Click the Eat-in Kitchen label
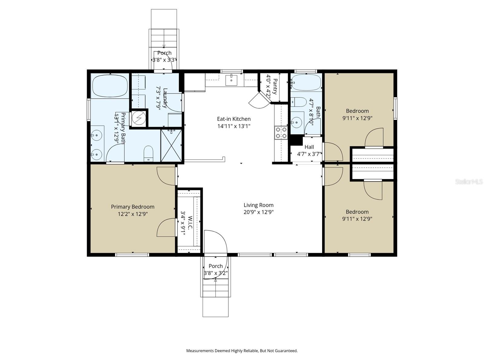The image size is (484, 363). [234, 119]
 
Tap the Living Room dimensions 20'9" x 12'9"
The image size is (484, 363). [258, 212]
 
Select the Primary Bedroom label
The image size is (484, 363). [132, 207]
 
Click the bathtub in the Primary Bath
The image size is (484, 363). [110, 86]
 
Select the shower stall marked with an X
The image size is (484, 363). [171, 146]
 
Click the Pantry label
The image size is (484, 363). [275, 87]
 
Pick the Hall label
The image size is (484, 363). [309, 147]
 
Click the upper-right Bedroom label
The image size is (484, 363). [357, 111]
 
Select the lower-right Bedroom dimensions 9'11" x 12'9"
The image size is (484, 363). [357, 219]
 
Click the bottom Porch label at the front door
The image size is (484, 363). [216, 266]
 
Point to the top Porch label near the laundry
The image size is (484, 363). [164, 53]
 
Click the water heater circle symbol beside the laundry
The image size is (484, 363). [139, 118]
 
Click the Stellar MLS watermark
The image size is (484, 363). [469, 181]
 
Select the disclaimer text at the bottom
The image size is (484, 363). [242, 351]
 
